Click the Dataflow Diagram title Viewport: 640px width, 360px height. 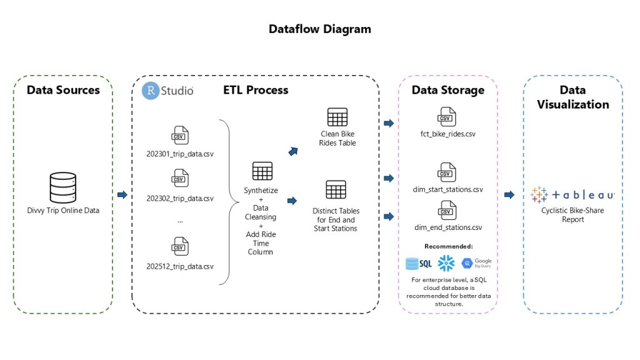point(319,29)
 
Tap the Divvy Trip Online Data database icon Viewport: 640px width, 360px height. point(62,187)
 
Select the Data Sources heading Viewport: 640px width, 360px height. point(63,90)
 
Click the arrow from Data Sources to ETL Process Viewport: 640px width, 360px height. point(122,195)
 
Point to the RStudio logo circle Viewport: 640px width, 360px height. point(150,91)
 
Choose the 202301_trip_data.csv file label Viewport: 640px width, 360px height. point(180,154)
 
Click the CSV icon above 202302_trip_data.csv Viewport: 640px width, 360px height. point(180,179)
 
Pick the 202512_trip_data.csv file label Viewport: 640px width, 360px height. point(180,266)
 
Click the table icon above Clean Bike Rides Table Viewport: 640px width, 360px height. point(337,117)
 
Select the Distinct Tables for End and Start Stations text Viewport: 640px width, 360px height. point(336,219)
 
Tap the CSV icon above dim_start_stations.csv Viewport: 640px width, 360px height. point(447,172)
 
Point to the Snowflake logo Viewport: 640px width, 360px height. point(446,264)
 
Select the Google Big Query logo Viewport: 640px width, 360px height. point(476,264)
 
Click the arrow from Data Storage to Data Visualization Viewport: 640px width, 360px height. point(509,195)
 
